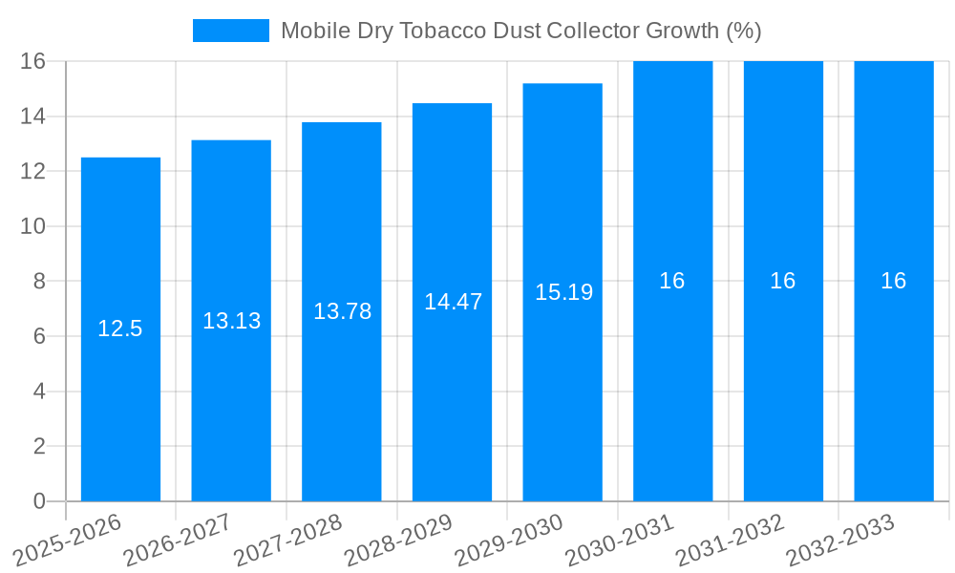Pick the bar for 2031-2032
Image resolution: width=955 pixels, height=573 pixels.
point(783,382)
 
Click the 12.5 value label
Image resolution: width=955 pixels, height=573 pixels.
point(120,329)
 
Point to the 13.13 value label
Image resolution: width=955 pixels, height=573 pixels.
point(231,321)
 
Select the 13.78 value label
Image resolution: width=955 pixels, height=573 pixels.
point(342,311)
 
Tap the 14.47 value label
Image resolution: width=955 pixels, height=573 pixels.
point(453,302)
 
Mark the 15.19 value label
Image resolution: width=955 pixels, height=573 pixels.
point(563,292)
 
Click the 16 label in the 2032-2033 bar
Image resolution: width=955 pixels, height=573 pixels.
point(894,281)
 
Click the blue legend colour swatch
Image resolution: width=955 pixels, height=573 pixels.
point(231,31)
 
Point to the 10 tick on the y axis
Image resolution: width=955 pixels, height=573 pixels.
point(33,226)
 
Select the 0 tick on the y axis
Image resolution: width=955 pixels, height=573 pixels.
point(39,501)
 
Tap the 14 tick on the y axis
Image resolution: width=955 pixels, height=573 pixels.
point(33,117)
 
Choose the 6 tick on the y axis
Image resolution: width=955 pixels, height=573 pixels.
point(39,336)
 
